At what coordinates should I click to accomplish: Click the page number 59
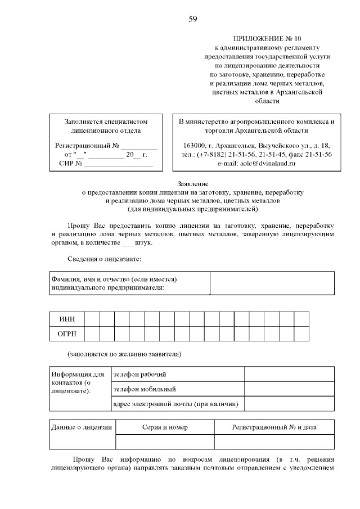(x=193, y=20)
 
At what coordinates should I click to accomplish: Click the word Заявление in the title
(x=193, y=184)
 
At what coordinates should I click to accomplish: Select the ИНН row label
(x=67, y=319)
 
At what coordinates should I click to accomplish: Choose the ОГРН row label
(x=67, y=334)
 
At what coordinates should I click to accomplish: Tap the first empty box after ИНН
(x=92, y=319)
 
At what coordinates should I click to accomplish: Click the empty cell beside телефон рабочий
(x=289, y=375)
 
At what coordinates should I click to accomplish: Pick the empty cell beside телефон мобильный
(x=289, y=389)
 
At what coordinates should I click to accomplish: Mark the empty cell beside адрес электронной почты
(x=289, y=404)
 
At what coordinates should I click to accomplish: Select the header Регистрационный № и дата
(x=274, y=427)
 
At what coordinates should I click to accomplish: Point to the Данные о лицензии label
(x=82, y=427)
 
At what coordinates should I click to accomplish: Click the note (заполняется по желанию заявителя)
(x=124, y=354)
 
